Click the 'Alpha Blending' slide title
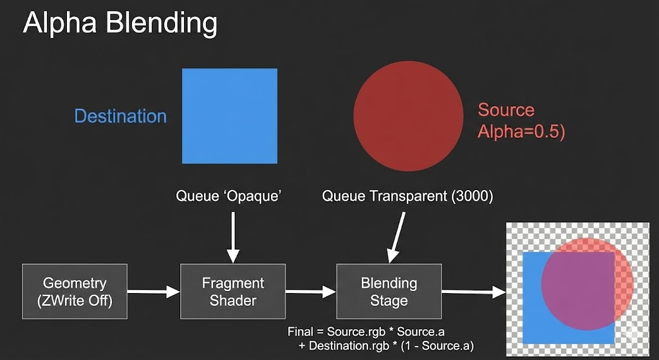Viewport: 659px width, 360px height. (x=120, y=24)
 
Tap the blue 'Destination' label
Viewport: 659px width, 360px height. (x=120, y=117)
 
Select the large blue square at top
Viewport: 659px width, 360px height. (x=230, y=116)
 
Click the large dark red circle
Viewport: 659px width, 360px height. (x=408, y=116)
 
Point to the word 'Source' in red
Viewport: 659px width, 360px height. (x=506, y=110)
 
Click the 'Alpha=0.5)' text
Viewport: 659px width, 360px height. (x=521, y=132)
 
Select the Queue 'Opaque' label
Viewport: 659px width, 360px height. (x=229, y=196)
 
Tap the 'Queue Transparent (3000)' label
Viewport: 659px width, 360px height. (x=407, y=196)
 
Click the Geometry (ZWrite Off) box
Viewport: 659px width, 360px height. (x=75, y=291)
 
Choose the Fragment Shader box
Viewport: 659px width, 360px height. (x=233, y=291)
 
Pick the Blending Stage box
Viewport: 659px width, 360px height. (x=389, y=291)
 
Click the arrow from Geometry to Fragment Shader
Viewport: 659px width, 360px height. (x=154, y=292)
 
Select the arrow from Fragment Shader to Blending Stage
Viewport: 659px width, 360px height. (x=311, y=292)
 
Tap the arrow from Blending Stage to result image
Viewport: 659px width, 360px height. (x=474, y=292)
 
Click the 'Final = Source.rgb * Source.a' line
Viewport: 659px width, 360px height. (x=367, y=332)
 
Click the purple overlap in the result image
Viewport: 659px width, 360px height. (x=576, y=283)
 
